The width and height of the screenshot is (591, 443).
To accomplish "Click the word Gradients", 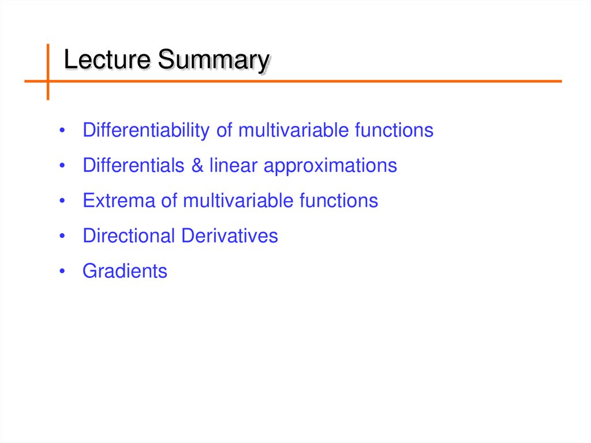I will tap(125, 271).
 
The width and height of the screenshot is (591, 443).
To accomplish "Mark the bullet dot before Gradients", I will tap(62, 271).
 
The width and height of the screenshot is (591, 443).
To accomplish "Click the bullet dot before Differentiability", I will tap(62, 131).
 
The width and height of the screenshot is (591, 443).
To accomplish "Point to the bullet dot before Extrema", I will tap(62, 202).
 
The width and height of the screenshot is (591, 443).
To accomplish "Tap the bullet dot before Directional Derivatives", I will tap(62, 236).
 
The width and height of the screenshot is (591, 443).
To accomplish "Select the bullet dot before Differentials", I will tap(62, 166).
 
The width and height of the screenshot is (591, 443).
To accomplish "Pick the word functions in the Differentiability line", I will tap(394, 131).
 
